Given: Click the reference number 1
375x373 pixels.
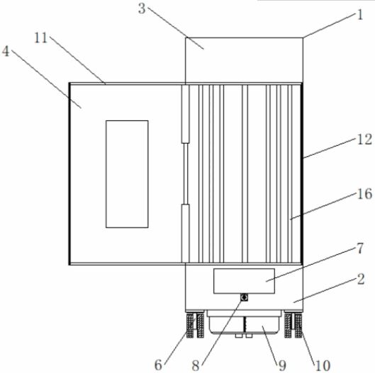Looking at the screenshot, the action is click(360, 15).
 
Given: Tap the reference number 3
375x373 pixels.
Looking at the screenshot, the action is click(142, 8).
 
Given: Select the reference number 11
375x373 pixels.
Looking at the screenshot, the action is click(41, 38).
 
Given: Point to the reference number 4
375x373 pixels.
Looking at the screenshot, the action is click(6, 51).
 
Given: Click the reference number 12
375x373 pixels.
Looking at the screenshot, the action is click(364, 139).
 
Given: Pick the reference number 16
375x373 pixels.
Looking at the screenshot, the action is click(364, 193).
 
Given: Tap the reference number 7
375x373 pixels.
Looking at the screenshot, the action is click(360, 248).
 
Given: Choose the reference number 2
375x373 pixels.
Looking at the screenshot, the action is click(361, 279).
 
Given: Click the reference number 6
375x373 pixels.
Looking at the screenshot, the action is click(158, 365).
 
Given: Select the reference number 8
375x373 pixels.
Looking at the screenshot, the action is click(196, 365).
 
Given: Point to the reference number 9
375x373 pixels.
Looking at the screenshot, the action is click(282, 365).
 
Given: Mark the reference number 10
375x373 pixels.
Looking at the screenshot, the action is click(323, 365).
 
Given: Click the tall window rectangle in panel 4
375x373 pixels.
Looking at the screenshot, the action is click(127, 174).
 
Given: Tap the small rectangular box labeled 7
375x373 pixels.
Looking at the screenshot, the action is click(244, 281).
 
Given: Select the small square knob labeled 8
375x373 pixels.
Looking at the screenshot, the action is click(244, 297).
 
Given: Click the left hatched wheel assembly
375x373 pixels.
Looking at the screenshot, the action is click(195, 324).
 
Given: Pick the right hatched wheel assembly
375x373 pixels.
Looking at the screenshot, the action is click(293, 324).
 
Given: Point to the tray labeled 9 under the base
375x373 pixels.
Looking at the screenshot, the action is click(244, 322).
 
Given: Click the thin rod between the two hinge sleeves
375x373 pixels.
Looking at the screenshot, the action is click(186, 173).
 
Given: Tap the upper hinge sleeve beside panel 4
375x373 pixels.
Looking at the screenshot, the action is click(185, 114).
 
